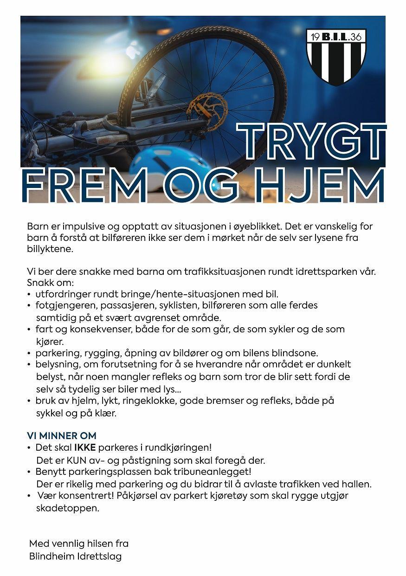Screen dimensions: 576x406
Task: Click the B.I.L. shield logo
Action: (x=336, y=56)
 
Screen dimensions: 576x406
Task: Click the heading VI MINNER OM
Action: (x=61, y=436)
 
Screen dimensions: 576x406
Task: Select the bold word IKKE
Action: (x=85, y=448)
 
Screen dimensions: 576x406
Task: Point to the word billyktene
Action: (x=50, y=249)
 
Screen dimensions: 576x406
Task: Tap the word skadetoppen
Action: (x=67, y=508)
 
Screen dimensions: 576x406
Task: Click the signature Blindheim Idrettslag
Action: (x=75, y=556)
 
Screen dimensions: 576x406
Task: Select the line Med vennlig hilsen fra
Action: (x=78, y=544)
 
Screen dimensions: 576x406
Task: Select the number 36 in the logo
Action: (x=357, y=38)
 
